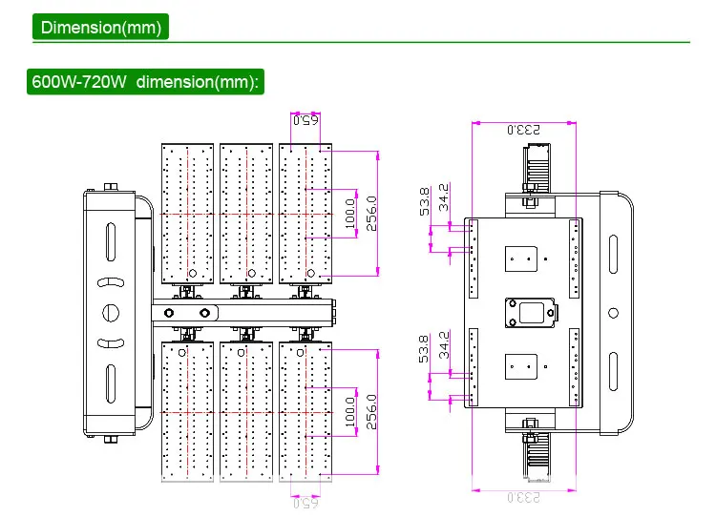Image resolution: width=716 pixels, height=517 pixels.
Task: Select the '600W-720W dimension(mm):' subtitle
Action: coord(145,81)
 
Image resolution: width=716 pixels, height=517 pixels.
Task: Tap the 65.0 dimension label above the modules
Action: coord(305,120)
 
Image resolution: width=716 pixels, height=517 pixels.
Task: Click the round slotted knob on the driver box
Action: coord(111,311)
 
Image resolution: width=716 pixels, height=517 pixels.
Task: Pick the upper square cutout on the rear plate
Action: coord(523,258)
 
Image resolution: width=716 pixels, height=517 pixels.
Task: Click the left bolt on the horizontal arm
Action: coord(169,313)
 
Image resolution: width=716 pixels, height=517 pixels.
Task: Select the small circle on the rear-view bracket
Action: coord(613,311)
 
